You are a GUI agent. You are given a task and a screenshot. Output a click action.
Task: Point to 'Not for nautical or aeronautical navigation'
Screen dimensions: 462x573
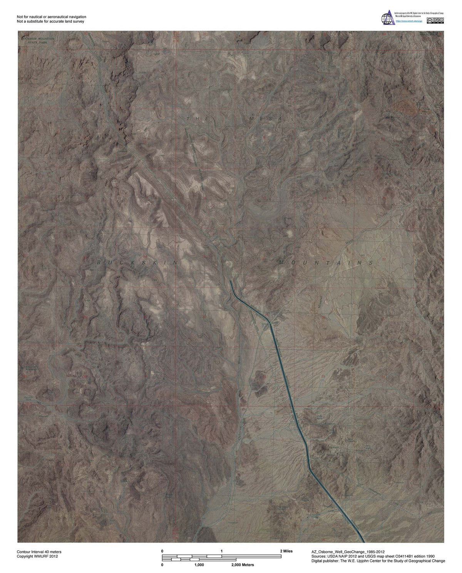[52, 17]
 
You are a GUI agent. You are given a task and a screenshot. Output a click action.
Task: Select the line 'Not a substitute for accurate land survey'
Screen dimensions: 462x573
[50, 22]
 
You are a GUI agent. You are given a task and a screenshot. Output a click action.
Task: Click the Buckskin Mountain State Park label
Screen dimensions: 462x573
[38, 41]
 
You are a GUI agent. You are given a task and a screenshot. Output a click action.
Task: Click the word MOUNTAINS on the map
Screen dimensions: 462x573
[325, 263]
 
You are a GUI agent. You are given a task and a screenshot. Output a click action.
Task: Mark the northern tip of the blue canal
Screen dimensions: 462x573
[230, 282]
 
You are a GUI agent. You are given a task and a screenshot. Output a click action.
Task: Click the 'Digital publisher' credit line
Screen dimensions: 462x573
[378, 561]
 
